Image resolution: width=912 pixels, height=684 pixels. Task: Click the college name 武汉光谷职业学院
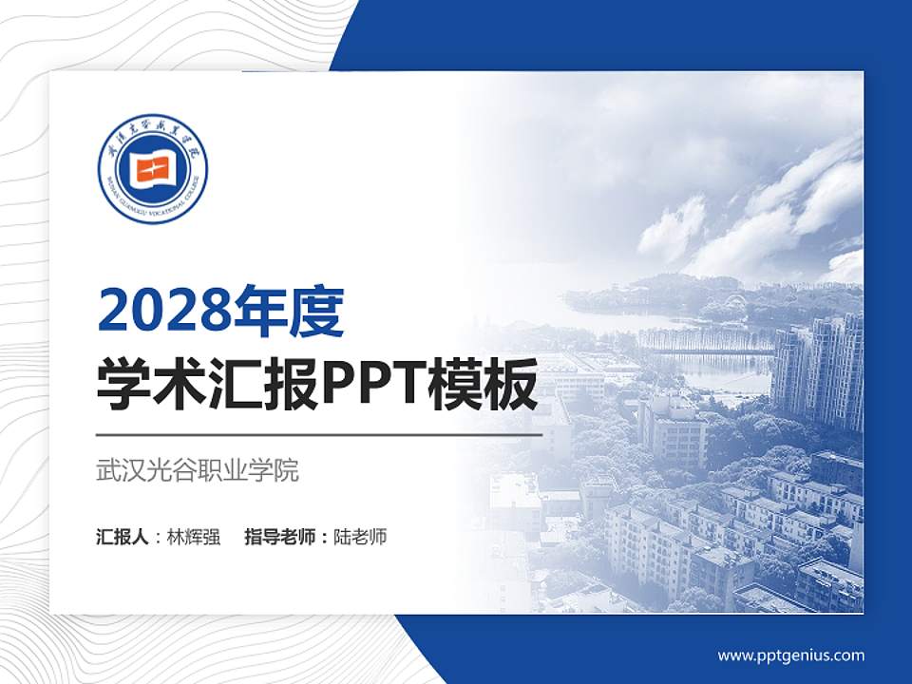pyautogui.click(x=198, y=470)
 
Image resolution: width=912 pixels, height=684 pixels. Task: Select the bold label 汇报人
pyautogui.click(x=123, y=537)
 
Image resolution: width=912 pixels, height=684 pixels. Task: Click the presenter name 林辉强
pyautogui.click(x=194, y=537)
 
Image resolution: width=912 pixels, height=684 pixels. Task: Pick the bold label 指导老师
pyautogui.click(x=282, y=537)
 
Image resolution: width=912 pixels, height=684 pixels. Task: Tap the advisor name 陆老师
pyautogui.click(x=361, y=537)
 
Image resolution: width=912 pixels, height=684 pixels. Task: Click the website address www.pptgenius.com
pyautogui.click(x=790, y=655)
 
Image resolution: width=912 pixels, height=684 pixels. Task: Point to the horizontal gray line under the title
pyautogui.click(x=319, y=435)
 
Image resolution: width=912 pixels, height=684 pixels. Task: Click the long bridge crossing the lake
pyautogui.click(x=703, y=350)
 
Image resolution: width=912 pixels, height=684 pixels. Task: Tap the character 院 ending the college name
pyautogui.click(x=286, y=470)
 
